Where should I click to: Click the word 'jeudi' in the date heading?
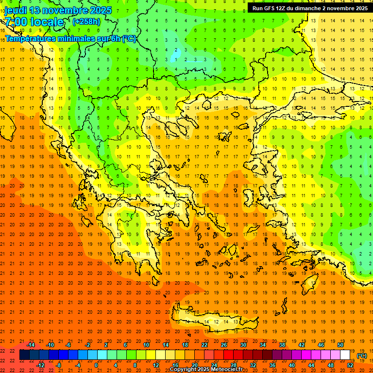[17, 10]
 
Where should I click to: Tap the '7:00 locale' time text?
[34, 22]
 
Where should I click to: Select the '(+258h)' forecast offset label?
[87, 22]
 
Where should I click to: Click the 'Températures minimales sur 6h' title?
[70, 38]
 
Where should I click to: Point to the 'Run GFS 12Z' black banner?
[309, 8]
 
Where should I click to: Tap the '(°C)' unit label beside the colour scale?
[362, 356]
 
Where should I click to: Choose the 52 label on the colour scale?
[350, 365]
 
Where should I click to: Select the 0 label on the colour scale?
[96, 365]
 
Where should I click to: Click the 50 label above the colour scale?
[340, 345]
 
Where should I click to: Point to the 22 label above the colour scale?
[204, 345]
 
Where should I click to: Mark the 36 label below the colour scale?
[272, 365]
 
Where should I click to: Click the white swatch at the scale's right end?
[345, 355]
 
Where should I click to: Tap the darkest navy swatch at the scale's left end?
[25, 355]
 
